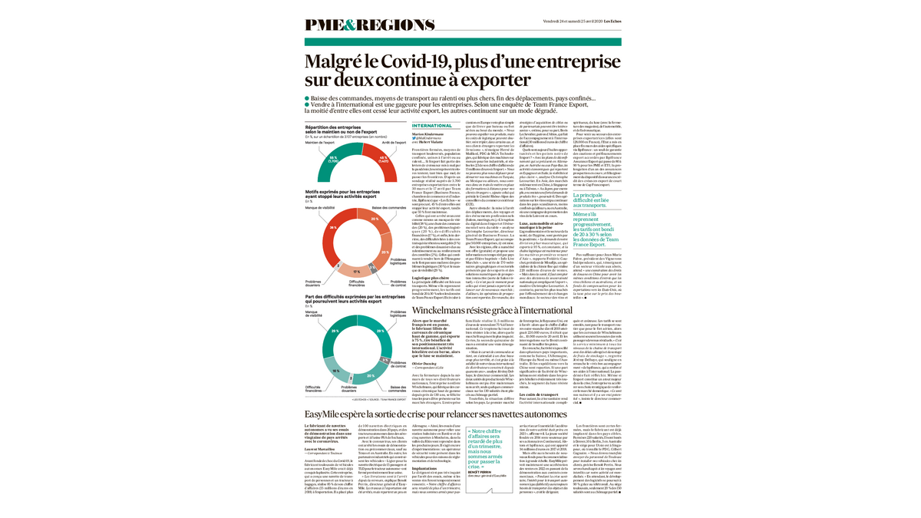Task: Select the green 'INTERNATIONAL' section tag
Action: pos(432,125)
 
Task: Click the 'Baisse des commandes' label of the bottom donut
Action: pos(391,388)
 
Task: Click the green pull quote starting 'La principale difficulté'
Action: pos(596,200)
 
